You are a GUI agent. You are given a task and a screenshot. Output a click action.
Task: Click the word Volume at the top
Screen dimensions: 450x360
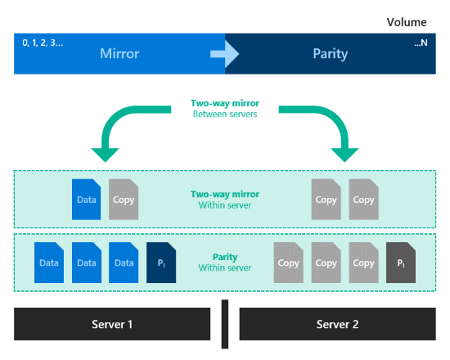point(406,22)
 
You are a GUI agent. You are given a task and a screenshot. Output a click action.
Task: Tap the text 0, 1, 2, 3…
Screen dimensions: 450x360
point(43,43)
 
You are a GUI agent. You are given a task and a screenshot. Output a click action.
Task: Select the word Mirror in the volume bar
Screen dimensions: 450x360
point(119,54)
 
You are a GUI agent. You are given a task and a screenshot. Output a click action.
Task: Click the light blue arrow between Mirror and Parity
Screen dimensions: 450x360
point(225,54)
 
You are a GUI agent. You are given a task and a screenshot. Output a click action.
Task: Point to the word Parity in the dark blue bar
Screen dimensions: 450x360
point(331,54)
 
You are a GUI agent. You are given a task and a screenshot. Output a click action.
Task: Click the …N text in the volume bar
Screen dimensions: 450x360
point(421,43)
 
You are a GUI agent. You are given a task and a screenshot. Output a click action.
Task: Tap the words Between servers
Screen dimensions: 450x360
point(225,114)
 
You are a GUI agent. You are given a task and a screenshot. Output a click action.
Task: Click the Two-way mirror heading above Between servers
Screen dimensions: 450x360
point(225,103)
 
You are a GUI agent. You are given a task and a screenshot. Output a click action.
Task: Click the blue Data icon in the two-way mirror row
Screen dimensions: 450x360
point(86,199)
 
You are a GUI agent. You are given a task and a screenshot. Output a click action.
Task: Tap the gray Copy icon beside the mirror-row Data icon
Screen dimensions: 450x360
point(124,199)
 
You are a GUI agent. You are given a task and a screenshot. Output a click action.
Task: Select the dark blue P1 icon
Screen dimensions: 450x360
point(161,263)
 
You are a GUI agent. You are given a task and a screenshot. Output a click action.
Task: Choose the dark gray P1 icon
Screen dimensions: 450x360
point(401,263)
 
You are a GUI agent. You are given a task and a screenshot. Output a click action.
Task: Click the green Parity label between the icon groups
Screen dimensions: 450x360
point(225,257)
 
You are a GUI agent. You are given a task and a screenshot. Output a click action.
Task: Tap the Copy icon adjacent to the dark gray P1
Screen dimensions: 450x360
point(364,263)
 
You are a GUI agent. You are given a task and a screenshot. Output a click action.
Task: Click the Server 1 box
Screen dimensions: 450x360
point(112,324)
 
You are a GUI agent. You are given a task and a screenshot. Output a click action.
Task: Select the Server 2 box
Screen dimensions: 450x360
point(338,324)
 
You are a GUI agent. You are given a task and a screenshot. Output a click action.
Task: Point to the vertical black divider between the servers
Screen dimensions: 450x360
point(225,324)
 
